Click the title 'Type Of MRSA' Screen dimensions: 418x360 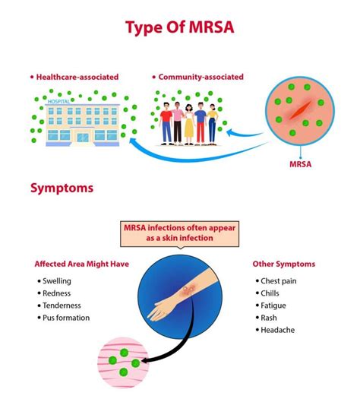180,29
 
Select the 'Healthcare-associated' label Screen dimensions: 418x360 71,77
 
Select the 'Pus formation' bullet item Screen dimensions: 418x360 66,318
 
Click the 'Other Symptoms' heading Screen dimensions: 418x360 283,264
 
